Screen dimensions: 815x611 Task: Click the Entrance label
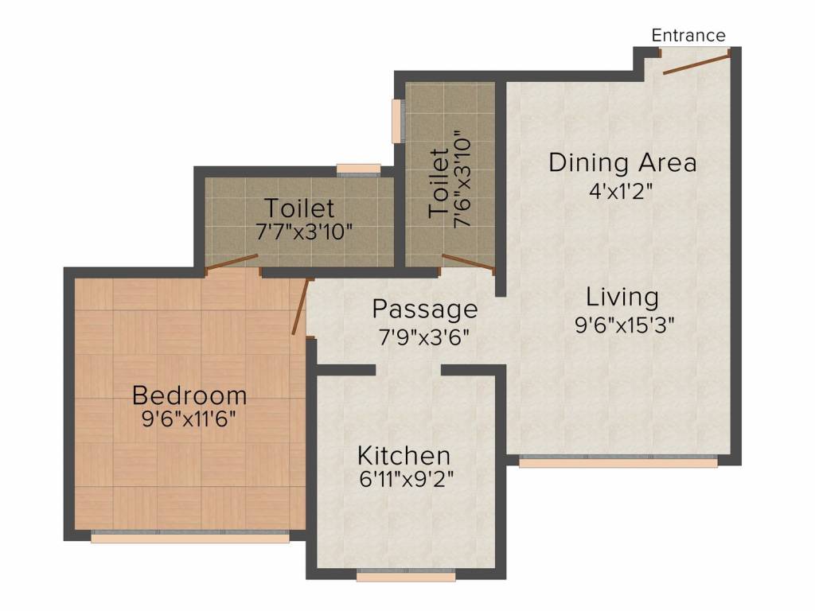click(688, 35)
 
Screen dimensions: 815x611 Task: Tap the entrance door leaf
click(696, 62)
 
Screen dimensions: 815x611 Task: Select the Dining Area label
click(622, 162)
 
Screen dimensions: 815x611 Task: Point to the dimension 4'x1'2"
click(620, 192)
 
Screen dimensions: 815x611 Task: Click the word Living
click(622, 298)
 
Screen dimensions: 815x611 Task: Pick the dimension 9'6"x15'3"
click(624, 325)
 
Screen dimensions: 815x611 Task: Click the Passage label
click(425, 309)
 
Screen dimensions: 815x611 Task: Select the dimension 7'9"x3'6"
click(424, 337)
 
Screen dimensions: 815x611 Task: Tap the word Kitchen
click(404, 456)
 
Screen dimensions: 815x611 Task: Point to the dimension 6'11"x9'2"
click(406, 478)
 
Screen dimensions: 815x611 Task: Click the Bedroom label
click(189, 395)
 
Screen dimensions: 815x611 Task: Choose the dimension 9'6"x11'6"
click(189, 418)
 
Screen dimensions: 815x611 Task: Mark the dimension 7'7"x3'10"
click(304, 232)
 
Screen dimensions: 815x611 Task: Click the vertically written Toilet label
click(439, 183)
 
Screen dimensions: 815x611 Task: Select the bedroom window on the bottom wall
click(190, 537)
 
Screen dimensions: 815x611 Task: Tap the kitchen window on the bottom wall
click(406, 574)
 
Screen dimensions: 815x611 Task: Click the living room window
click(618, 461)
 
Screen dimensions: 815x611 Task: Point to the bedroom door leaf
click(302, 306)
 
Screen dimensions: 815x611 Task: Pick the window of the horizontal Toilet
click(358, 170)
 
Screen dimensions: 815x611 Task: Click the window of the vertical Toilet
click(398, 121)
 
